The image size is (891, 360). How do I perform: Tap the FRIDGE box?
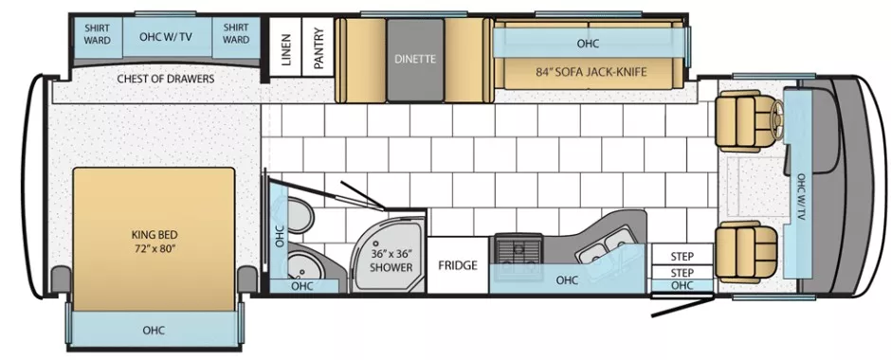point(457,265)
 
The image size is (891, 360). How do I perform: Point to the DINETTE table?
point(415,59)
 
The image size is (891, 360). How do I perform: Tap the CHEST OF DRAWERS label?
point(165,79)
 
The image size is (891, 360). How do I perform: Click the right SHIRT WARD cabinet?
point(236,34)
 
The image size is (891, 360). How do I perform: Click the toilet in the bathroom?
point(302,215)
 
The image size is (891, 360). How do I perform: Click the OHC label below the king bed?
point(154,331)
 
